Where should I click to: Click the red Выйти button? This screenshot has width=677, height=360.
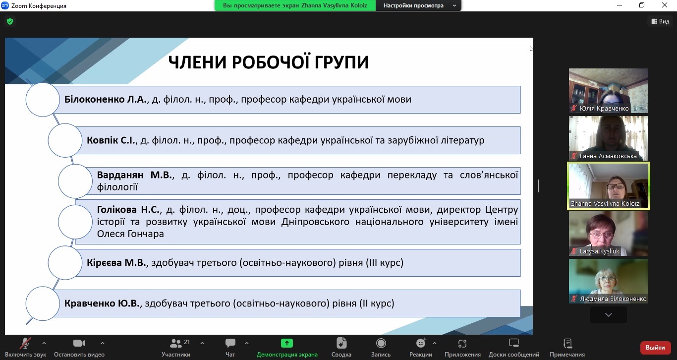tap(655, 348)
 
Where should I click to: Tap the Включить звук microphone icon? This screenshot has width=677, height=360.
tap(25, 343)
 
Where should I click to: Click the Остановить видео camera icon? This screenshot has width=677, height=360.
tap(79, 343)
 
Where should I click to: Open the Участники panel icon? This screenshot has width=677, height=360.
tap(175, 343)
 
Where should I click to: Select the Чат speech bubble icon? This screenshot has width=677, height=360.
tap(230, 343)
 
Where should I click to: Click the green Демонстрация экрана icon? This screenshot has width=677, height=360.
tap(287, 343)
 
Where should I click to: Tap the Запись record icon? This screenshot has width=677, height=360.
tap(381, 343)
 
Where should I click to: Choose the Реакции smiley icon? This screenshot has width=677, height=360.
tap(421, 343)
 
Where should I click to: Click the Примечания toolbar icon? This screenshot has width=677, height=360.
tap(567, 343)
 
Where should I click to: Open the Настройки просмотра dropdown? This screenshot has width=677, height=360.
tap(419, 5)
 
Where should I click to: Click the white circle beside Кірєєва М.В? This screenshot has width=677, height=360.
tap(65, 262)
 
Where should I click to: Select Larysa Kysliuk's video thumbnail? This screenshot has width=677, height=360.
tap(608, 234)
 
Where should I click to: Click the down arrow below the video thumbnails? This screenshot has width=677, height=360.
tap(608, 314)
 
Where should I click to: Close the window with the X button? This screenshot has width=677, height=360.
tap(665, 5)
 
